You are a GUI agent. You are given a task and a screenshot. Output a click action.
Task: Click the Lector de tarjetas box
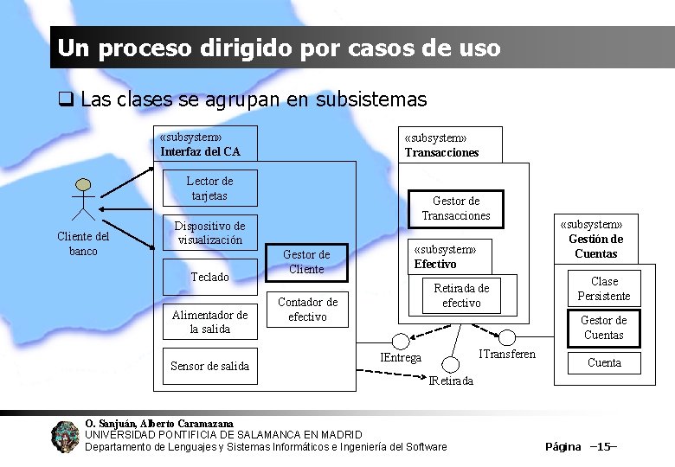point(209,189)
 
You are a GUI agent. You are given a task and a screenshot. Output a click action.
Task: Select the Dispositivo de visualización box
point(209,233)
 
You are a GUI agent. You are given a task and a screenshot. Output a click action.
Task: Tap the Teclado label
point(209,277)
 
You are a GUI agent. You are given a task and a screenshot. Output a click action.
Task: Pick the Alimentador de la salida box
point(209,322)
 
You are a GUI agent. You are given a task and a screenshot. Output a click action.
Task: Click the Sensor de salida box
point(209,366)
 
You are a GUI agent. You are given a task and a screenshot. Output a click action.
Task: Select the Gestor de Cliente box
point(306,262)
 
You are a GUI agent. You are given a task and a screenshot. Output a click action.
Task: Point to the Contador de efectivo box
point(307,309)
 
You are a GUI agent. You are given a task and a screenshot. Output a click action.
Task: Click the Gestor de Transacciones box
point(455,208)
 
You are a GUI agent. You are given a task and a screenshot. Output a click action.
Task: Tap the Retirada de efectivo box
point(461,295)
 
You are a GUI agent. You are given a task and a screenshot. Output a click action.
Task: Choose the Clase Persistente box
point(604,289)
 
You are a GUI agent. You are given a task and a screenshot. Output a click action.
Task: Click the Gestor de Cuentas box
point(603,328)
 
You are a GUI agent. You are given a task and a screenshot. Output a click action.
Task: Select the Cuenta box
point(604,362)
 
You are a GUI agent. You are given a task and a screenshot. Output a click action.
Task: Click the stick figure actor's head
point(83,185)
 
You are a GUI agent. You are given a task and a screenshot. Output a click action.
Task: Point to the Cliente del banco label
point(83,244)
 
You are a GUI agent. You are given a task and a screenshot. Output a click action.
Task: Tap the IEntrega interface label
point(402,357)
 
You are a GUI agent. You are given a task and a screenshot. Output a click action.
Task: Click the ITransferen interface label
point(507,354)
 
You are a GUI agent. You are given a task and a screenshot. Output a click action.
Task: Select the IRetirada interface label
point(452,381)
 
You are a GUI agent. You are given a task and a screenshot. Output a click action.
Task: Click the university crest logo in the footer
point(65,437)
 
